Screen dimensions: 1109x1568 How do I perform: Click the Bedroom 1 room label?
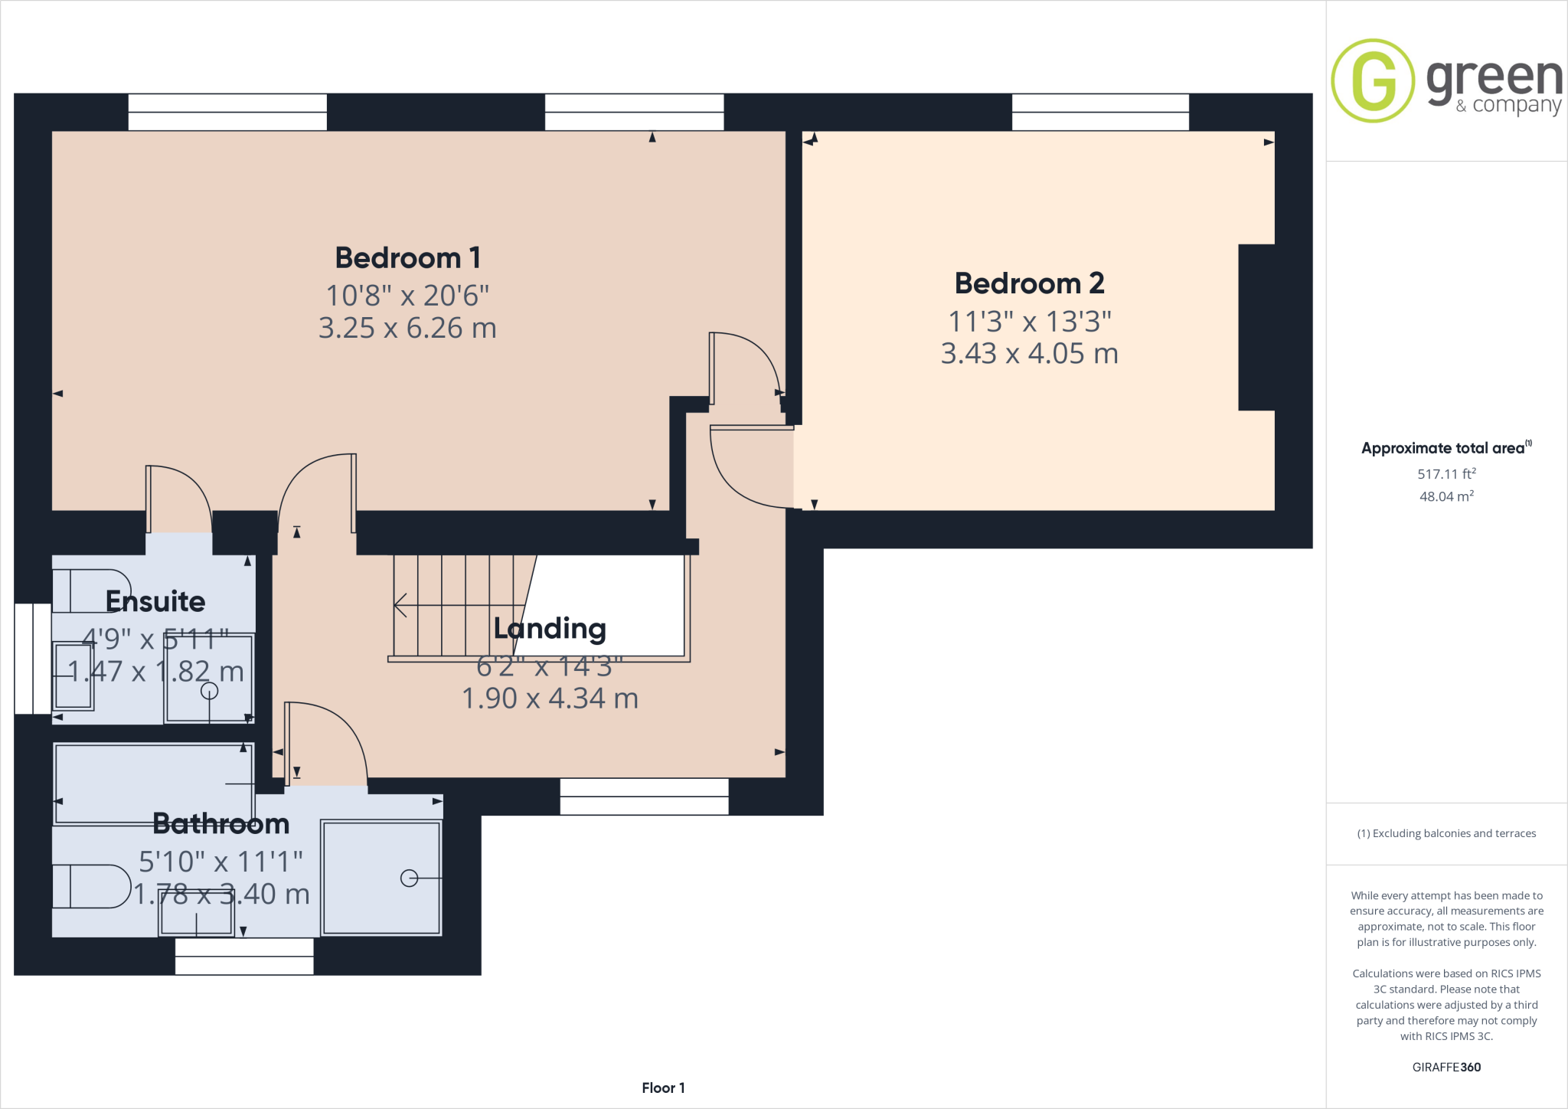[x=407, y=258]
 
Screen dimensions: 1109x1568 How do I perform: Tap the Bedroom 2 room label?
[x=1029, y=284]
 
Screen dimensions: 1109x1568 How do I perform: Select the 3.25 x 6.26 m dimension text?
[x=407, y=328]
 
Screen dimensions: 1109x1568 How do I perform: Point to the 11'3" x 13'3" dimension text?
[x=1029, y=322]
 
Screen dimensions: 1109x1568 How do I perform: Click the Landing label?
[x=550, y=629]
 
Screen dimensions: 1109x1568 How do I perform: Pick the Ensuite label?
[x=155, y=602]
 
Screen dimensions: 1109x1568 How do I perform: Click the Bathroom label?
[x=221, y=824]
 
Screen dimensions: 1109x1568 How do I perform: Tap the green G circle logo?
[x=1373, y=80]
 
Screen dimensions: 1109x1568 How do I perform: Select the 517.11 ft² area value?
[x=1445, y=474]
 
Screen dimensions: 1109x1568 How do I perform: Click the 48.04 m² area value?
[x=1445, y=496]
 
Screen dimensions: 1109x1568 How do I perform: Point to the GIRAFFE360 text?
[x=1446, y=1067]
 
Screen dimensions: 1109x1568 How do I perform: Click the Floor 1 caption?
[x=663, y=1088]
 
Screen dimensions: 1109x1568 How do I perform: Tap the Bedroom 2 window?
[x=1100, y=112]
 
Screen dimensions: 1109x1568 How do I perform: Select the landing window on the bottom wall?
[x=644, y=797]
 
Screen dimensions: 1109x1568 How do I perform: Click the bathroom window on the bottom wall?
[x=244, y=957]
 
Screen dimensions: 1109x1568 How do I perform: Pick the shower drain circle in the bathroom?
[x=410, y=878]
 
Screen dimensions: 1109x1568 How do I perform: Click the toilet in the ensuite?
[x=92, y=590]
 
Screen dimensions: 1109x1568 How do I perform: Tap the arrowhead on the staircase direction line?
[x=398, y=605]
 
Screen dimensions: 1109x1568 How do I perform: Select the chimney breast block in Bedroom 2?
[x=1256, y=328]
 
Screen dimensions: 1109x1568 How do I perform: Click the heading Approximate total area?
[x=1442, y=449]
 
